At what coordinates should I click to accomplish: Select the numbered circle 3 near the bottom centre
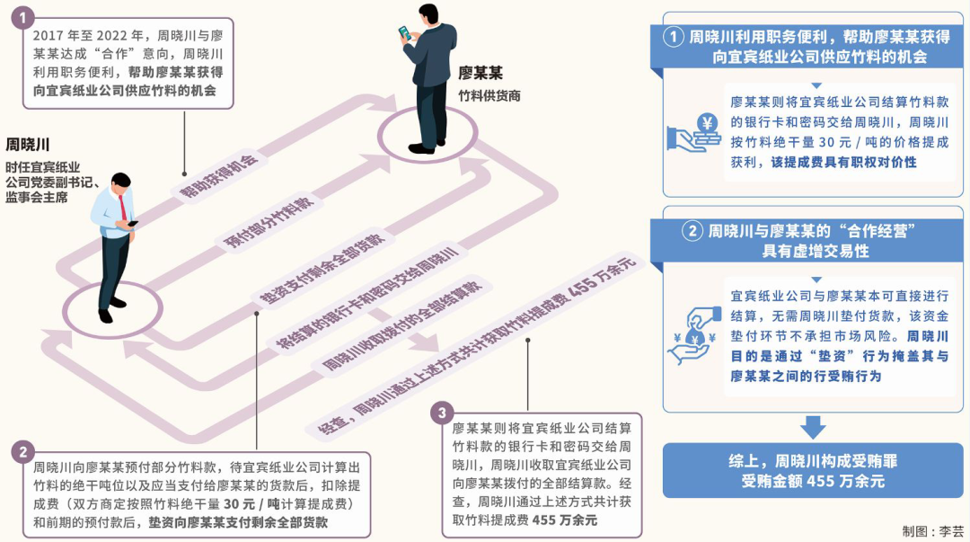click(442, 413)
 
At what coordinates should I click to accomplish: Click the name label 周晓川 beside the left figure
click(28, 145)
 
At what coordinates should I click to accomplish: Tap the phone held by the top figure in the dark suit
click(403, 33)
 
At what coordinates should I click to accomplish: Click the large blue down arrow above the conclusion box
click(813, 427)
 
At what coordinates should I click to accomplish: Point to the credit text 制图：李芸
click(932, 530)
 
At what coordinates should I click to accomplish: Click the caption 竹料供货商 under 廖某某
click(489, 95)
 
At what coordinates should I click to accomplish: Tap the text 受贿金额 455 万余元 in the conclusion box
click(813, 482)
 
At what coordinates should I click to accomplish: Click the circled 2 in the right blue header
click(692, 231)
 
